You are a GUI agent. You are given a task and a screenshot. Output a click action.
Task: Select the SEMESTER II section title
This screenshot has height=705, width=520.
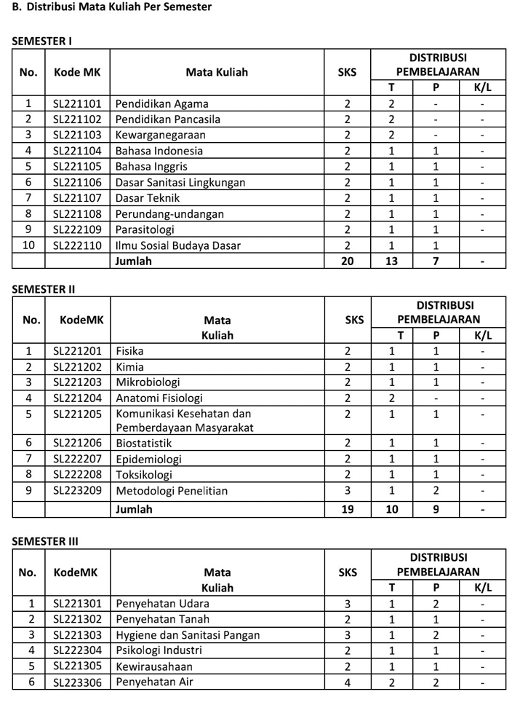[x=44, y=289]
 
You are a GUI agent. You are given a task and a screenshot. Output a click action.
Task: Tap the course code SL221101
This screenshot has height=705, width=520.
[x=77, y=103]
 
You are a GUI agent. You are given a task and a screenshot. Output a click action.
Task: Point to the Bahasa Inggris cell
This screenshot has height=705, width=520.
[x=151, y=167]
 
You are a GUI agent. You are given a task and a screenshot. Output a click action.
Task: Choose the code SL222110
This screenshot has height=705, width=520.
[x=77, y=245]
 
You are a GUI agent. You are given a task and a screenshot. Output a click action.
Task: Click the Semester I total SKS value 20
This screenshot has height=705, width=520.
[x=347, y=261]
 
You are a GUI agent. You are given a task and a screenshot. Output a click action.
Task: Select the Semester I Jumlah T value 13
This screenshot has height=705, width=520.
[x=391, y=261]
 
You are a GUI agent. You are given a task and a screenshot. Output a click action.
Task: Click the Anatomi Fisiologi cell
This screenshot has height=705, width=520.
[x=159, y=398]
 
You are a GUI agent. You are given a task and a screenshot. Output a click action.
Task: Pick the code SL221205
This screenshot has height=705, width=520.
[x=77, y=414]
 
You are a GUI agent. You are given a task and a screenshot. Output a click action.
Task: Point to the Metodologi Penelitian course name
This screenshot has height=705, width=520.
[x=172, y=491]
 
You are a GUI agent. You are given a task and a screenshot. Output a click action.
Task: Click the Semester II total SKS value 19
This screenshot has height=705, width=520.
[x=347, y=509]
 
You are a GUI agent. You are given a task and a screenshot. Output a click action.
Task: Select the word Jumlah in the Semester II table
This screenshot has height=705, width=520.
[x=134, y=509]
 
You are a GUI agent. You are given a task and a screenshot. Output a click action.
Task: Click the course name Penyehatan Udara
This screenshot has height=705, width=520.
[x=162, y=604]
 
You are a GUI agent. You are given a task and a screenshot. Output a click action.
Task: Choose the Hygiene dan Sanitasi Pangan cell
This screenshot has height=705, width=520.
[x=188, y=635]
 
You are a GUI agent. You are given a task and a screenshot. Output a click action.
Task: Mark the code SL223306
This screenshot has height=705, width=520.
[x=77, y=682]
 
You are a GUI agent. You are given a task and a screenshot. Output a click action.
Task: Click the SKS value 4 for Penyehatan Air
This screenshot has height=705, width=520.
[x=347, y=682]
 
